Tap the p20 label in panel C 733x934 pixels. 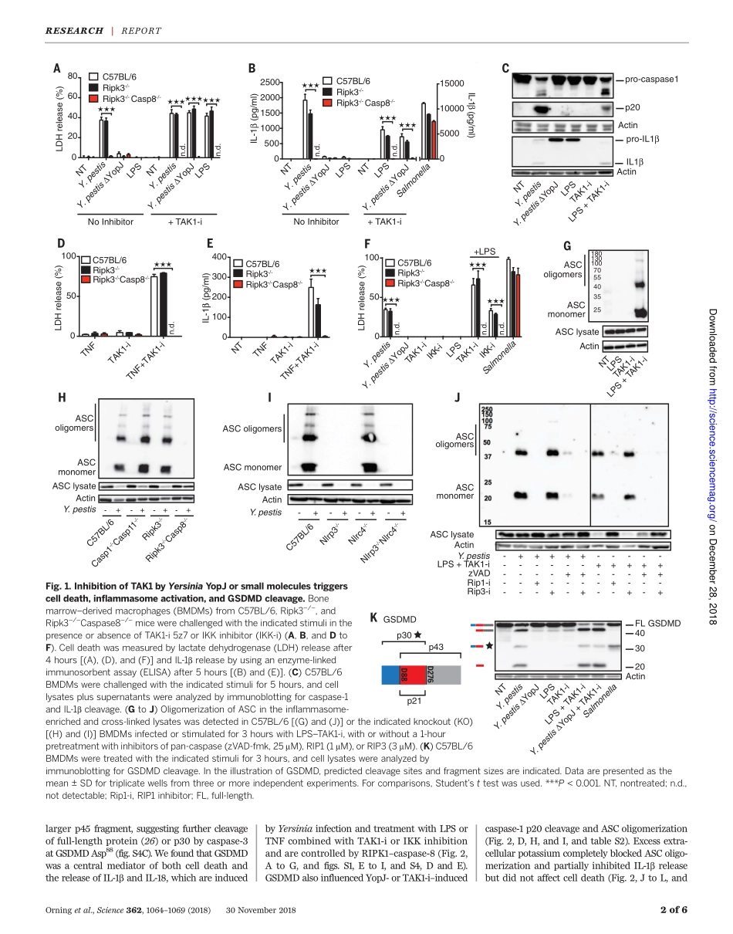pyautogui.click(x=632, y=109)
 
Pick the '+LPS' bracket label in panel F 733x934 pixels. pyautogui.click(x=485, y=252)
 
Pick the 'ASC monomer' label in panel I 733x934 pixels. pyautogui.click(x=252, y=467)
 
